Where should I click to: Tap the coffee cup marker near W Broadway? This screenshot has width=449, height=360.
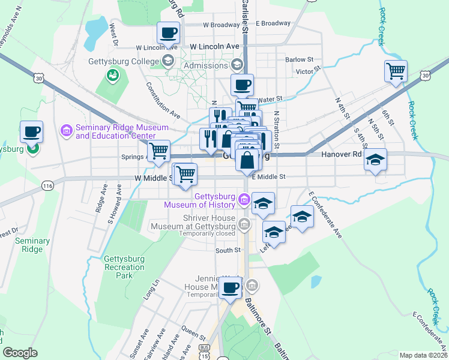169,32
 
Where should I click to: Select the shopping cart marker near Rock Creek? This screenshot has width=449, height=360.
396,71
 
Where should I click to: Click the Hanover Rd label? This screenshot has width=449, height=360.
341,154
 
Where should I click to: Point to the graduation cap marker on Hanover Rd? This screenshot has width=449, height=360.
376,160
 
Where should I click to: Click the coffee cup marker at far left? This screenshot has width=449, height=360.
31,131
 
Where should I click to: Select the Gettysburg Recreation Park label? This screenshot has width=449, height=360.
124,267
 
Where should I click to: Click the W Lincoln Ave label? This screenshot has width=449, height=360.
214,46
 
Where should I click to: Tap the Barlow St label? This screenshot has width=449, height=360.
300,59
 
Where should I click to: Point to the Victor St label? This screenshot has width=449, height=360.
305,71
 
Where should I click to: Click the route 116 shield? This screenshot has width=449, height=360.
47,186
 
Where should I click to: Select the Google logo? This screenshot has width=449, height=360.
20,353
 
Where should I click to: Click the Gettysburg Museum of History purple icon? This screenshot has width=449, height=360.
244,199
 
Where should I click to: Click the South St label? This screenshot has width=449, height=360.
228,250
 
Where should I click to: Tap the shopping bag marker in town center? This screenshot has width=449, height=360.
247,160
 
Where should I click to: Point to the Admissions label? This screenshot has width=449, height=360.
206,65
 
